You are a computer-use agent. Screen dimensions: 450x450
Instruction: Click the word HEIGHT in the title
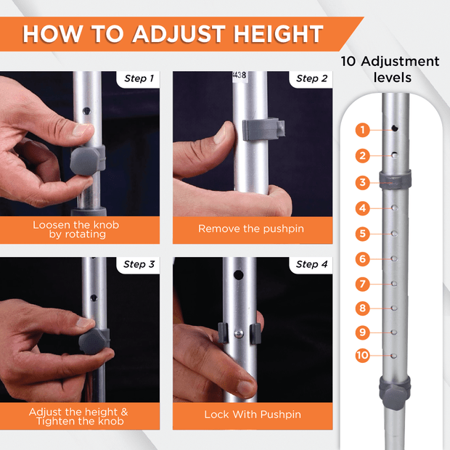tap(279, 34)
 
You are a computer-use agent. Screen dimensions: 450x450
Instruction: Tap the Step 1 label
tap(139, 78)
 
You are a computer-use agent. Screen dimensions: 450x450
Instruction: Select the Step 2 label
tap(311, 78)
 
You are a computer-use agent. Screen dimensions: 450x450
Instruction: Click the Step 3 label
tap(139, 264)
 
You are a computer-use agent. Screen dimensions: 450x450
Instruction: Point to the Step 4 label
tap(311, 264)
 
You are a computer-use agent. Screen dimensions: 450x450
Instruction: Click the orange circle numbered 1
tap(362, 130)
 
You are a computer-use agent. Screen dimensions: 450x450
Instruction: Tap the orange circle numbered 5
tap(362, 233)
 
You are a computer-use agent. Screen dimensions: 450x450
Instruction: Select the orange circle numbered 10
tap(362, 356)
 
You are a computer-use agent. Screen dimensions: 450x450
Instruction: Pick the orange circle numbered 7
tap(362, 284)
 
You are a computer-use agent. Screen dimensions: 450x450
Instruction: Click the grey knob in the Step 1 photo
tap(87, 160)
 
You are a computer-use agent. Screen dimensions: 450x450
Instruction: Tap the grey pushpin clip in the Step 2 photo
tap(263, 130)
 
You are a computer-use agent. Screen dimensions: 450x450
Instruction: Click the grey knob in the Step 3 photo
tap(94, 342)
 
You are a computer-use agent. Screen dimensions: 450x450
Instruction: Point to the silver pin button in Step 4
tap(239, 334)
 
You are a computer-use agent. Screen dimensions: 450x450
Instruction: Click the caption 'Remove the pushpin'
tap(251, 229)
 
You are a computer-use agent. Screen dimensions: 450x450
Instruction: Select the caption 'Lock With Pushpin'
tap(253, 414)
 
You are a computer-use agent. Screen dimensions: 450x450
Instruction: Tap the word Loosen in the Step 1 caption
tap(52, 225)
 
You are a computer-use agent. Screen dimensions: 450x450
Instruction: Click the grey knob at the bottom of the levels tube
tap(395, 393)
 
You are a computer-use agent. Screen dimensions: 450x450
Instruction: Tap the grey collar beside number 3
tap(395, 180)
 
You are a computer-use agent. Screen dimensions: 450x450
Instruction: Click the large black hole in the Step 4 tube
tap(239, 275)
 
